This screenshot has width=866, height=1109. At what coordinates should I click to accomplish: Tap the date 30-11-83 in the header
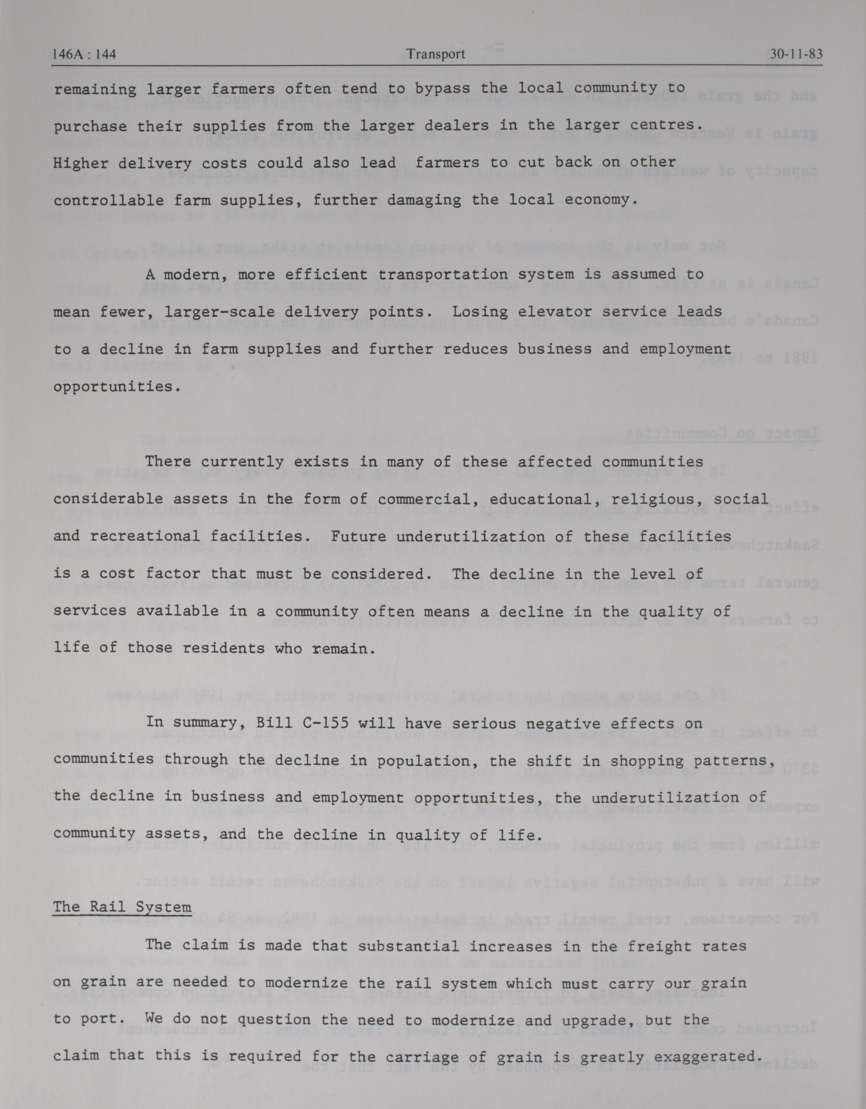(x=796, y=54)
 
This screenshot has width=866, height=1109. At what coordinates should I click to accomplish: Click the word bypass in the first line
(x=443, y=88)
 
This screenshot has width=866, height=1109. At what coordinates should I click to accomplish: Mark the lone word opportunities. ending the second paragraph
(x=117, y=387)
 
